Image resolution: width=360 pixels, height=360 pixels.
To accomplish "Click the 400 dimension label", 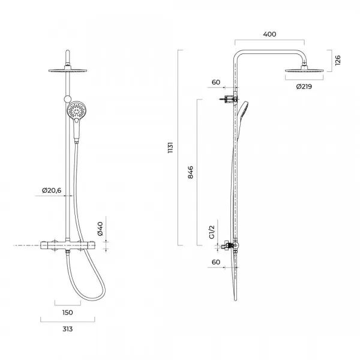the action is [269, 34].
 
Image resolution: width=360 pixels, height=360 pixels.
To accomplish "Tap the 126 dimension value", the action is [338, 61].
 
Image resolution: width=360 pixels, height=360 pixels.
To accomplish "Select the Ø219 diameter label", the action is [304, 86].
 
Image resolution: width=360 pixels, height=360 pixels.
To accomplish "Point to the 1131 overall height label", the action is [170, 148].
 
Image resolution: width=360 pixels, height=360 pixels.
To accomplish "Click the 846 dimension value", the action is [191, 172].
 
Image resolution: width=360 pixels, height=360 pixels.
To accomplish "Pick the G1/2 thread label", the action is [212, 232].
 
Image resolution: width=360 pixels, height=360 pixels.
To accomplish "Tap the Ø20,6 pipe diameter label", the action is [52, 190].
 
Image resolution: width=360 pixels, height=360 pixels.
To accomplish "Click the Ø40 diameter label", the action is [100, 229].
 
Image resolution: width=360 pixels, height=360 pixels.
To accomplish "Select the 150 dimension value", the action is [67, 313].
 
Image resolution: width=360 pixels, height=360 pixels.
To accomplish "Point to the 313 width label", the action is [67, 329].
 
